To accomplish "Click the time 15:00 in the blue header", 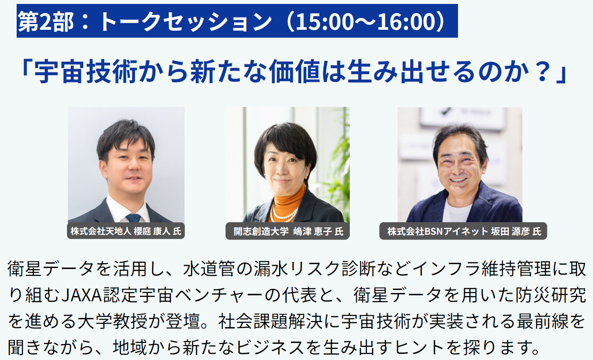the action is (325, 21).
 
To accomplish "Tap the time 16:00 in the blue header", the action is (407, 21).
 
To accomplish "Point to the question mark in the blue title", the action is (542, 71).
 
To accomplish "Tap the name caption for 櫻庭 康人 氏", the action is (126, 231).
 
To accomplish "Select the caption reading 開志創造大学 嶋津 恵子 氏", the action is (288, 231).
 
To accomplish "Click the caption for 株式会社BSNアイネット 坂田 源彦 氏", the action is (463, 231).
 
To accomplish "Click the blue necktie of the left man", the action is (133, 218).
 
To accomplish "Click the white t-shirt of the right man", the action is (457, 211).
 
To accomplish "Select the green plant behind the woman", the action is (339, 164).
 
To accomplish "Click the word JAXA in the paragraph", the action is (82, 295).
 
